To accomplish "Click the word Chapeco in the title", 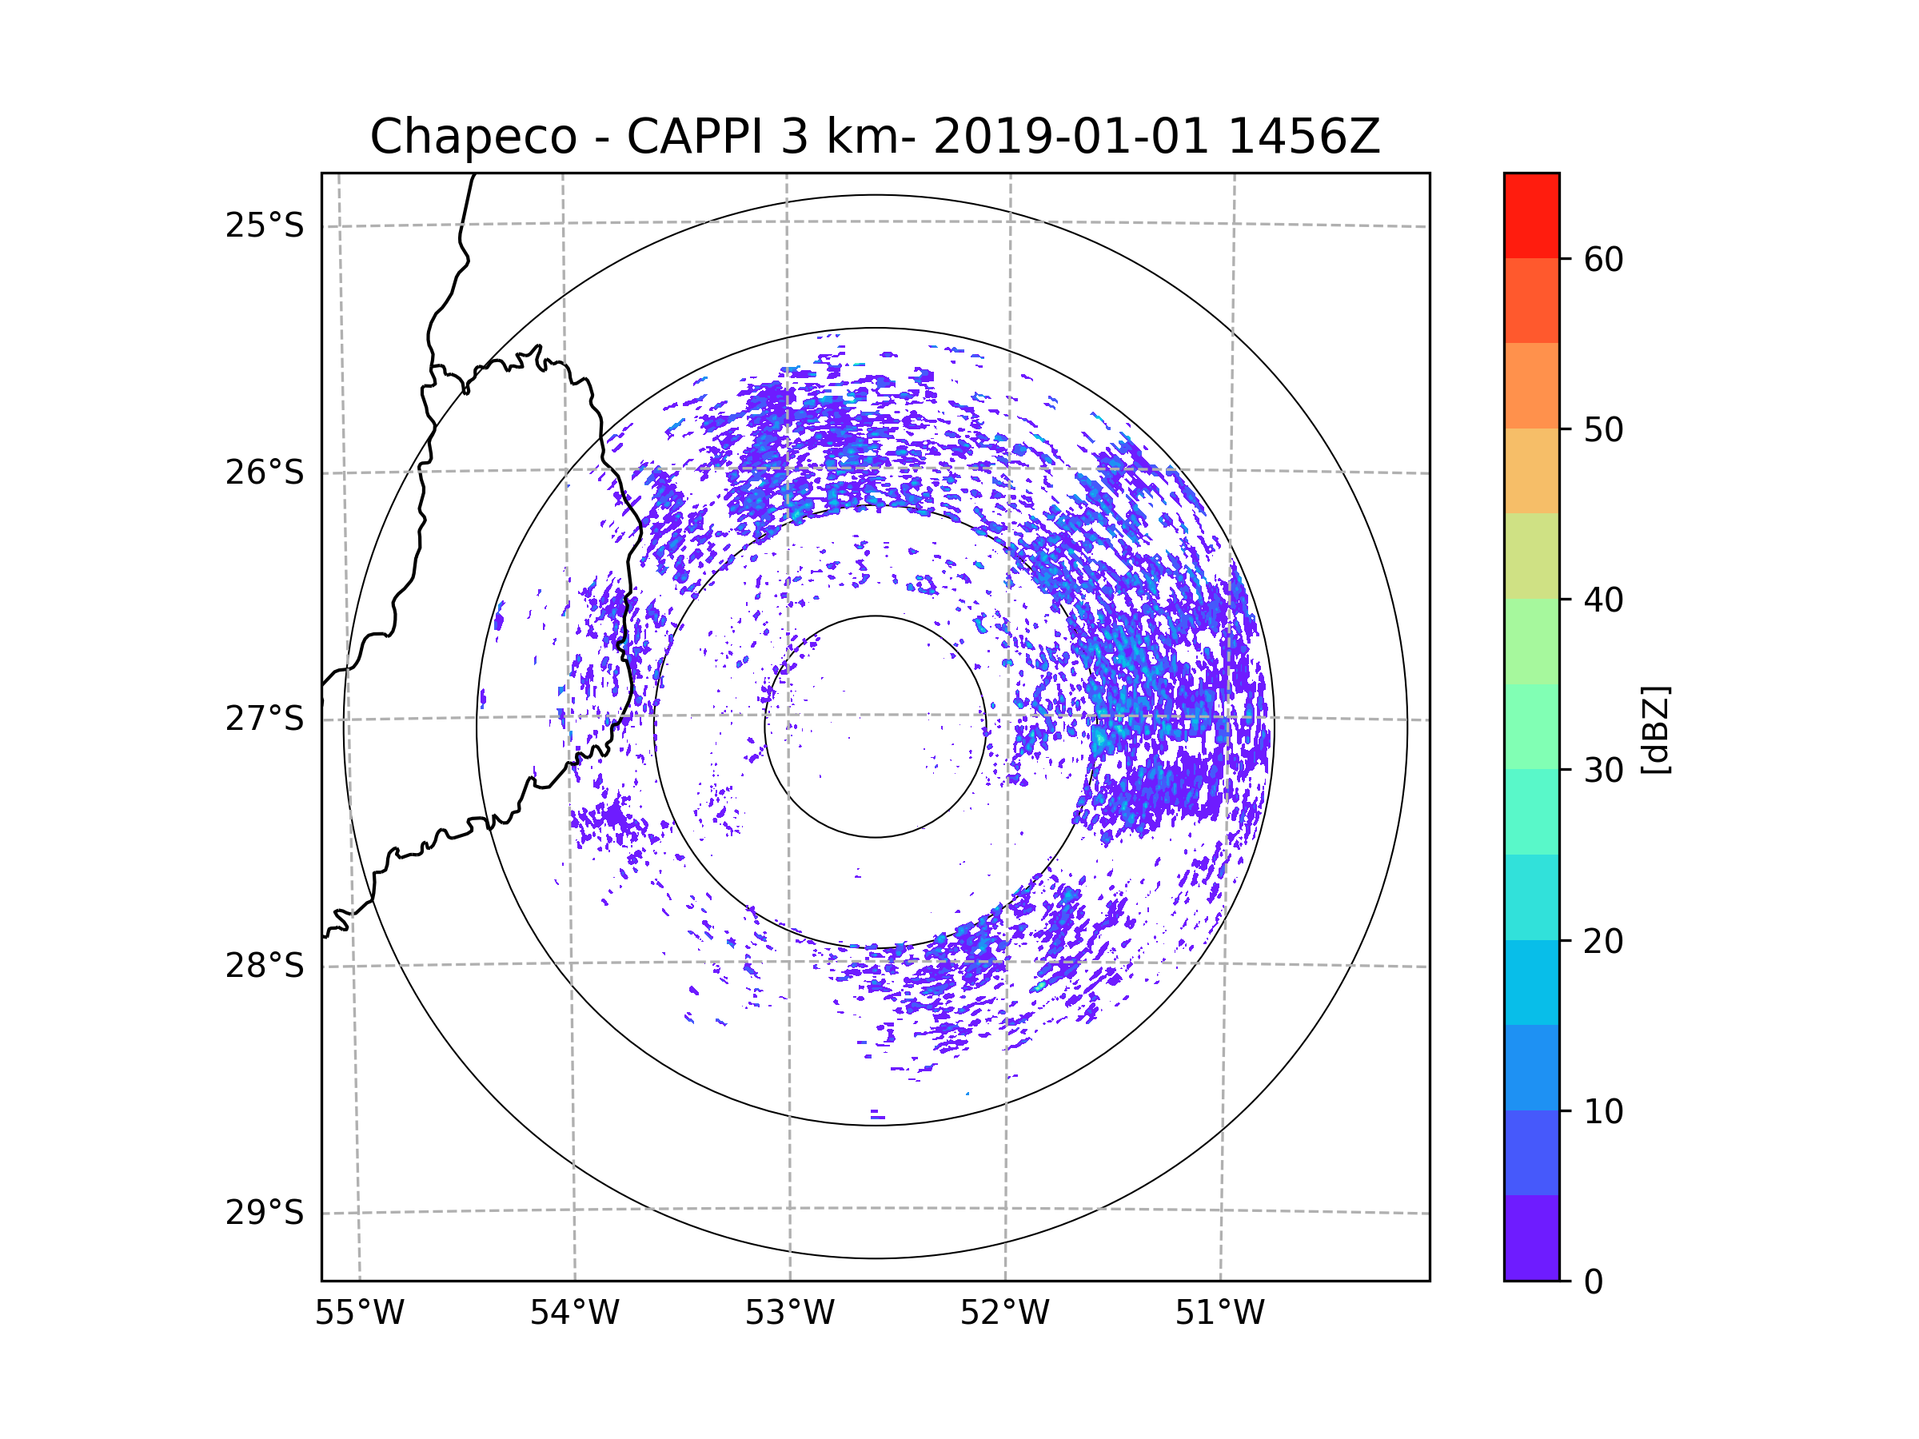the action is click(473, 137).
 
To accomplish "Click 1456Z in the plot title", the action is click(1304, 137).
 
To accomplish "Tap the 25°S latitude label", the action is click(265, 225).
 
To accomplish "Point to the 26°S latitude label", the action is click(265, 472).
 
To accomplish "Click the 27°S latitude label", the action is click(265, 719).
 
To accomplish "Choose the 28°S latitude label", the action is click(265, 966).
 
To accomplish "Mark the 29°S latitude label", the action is click(265, 1213).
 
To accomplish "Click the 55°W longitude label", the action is click(359, 1313).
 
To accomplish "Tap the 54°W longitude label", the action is click(574, 1313).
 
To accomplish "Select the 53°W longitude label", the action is click(789, 1313).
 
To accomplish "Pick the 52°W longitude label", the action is click(1004, 1313).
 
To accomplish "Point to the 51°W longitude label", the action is click(1219, 1313).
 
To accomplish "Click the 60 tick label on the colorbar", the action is click(1603, 259).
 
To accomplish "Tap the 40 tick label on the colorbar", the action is click(1603, 600).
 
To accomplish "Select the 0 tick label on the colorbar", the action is click(1594, 1282).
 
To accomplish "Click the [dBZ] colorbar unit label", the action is click(1656, 729).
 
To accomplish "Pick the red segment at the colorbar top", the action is click(1531, 215).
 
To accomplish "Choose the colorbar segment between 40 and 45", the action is click(1531, 556).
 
